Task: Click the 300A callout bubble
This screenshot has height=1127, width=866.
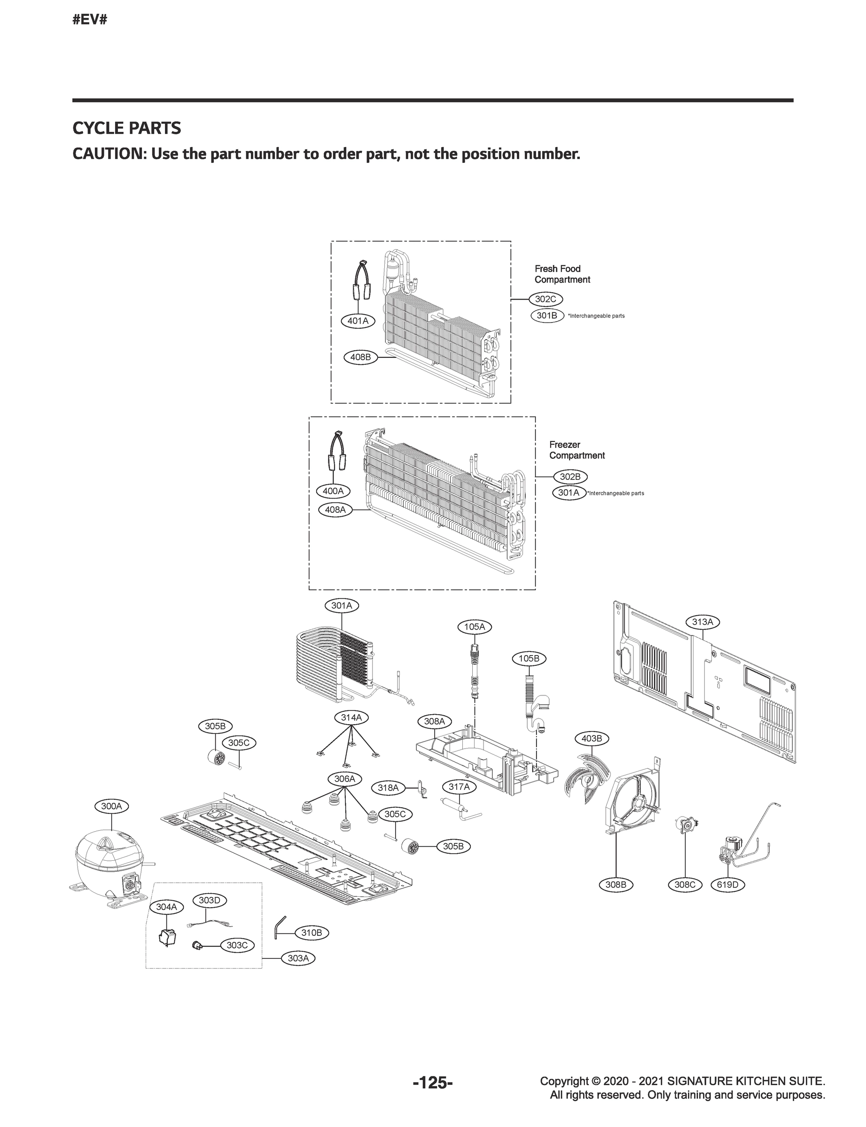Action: coord(111,806)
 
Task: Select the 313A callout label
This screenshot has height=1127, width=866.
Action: coord(702,622)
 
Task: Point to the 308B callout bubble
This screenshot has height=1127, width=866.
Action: coord(616,884)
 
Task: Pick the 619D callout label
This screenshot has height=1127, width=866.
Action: coord(728,884)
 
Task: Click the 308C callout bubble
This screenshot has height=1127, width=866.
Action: coord(685,884)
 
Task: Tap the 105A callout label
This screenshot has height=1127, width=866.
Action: coord(474,627)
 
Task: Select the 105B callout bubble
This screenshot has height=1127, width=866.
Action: coord(529,658)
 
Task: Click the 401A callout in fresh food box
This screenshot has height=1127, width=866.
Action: coord(358,321)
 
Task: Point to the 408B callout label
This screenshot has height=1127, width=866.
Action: coord(360,357)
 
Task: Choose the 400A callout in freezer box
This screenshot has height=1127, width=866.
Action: coord(333,491)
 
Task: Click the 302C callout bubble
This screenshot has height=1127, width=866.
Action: coord(546,299)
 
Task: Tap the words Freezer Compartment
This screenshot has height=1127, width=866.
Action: coord(576,450)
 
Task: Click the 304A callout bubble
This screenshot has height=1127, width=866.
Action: coord(166,921)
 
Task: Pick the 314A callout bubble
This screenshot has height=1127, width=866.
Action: coord(351,717)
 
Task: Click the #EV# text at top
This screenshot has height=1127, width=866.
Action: coord(90,20)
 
